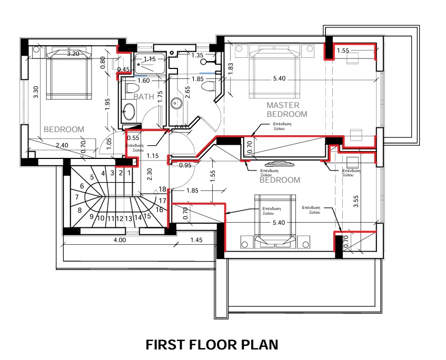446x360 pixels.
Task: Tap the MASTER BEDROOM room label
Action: tap(286, 109)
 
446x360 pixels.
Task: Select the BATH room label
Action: tap(144, 97)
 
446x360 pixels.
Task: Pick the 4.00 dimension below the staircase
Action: tap(119, 240)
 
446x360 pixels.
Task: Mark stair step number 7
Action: tap(77, 197)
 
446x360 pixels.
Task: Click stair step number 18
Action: tap(162, 189)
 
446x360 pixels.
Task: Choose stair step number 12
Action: tap(120, 218)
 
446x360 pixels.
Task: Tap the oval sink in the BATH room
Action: tap(129, 112)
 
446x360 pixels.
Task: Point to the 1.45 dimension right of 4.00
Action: tap(196, 240)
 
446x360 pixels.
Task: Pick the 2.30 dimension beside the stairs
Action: tap(150, 174)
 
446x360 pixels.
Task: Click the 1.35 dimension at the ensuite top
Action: tap(197, 55)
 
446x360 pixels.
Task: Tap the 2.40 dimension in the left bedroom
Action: tap(62, 145)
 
